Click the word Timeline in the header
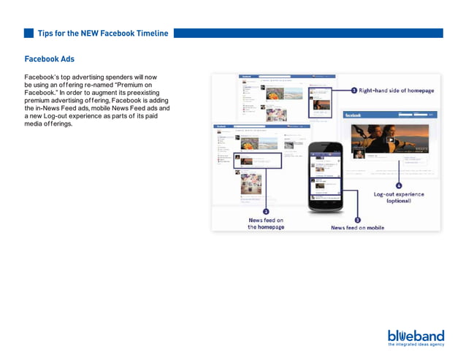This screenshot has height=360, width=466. tap(149, 33)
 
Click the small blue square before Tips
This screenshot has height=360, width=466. tap(29, 33)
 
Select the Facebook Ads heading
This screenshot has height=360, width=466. tap(49, 59)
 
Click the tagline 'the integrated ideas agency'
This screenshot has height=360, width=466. tap(416, 344)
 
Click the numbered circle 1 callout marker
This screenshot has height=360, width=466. tap(354, 91)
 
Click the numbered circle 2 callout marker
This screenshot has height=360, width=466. tap(266, 211)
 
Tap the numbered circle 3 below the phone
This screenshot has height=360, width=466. tap(357, 219)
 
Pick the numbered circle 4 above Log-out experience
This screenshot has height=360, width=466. tap(398, 185)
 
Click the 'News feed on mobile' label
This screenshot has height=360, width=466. tap(357, 228)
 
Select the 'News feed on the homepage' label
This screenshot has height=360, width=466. tap(266, 223)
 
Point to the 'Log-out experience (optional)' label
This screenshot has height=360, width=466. tap(399, 197)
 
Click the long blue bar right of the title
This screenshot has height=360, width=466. tap(308, 33)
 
